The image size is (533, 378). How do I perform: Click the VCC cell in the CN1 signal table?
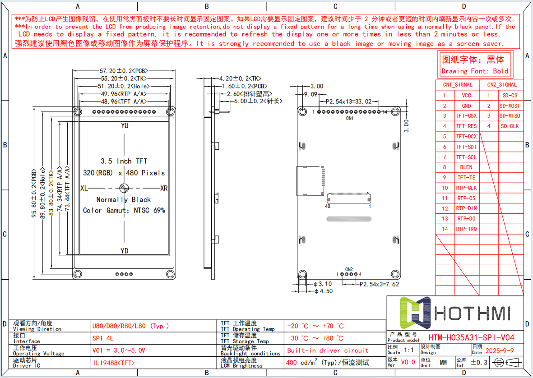pyautogui.click(x=466, y=96)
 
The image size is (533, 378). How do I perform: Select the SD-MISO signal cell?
pyautogui.click(x=510, y=116)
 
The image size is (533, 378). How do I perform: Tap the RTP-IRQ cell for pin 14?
pyautogui.click(x=466, y=229)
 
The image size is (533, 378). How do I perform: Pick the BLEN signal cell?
pyautogui.click(x=466, y=167)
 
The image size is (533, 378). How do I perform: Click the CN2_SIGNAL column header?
pyautogui.click(x=502, y=85)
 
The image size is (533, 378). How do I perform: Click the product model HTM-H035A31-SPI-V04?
pyautogui.click(x=471, y=337)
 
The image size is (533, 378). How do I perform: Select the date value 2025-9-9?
pyautogui.click(x=499, y=351)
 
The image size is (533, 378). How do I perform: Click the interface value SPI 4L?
pyautogui.click(x=103, y=338)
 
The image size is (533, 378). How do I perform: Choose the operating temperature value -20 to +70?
pyautogui.click(x=315, y=326)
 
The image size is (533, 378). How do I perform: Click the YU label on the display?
pyautogui.click(x=125, y=125)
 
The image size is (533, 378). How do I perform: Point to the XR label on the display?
pyautogui.click(x=164, y=188)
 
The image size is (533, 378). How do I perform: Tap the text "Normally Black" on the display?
pyautogui.click(x=124, y=199)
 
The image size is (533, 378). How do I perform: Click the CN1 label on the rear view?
pyautogui.click(x=349, y=118)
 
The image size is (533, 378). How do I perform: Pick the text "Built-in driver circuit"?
pyautogui.click(x=328, y=350)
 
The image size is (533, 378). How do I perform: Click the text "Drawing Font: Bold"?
pyautogui.click(x=475, y=71)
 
